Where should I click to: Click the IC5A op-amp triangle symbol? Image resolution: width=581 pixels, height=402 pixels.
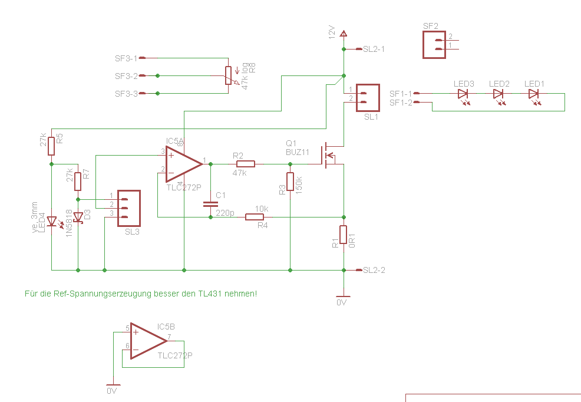pyautogui.click(x=181, y=164)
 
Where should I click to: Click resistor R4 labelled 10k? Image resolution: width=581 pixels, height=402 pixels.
pyautogui.click(x=255, y=217)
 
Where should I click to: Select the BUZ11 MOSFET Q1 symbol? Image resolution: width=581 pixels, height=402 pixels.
pyautogui.click(x=327, y=154)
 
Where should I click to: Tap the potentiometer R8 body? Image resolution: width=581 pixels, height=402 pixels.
pyautogui.click(x=229, y=75)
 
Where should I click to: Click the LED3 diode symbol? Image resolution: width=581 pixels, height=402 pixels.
pyautogui.click(x=463, y=93)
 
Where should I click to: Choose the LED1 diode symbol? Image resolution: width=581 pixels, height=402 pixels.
pyautogui.click(x=533, y=93)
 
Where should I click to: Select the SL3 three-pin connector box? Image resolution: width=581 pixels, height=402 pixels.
pyautogui.click(x=129, y=208)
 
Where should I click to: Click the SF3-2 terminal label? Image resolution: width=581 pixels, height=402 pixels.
pyautogui.click(x=126, y=76)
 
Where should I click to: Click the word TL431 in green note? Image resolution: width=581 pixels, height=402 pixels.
pyautogui.click(x=210, y=293)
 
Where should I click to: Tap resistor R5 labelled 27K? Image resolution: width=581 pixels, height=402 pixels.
pyautogui.click(x=52, y=146)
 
